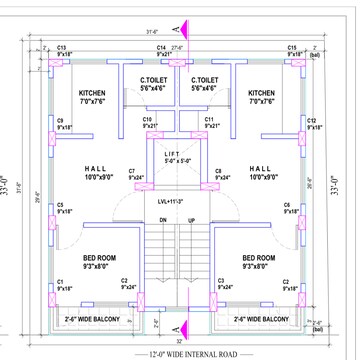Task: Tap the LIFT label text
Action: click(172, 152)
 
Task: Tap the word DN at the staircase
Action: click(163, 220)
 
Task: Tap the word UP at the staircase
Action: click(192, 220)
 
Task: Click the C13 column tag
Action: click(61, 47)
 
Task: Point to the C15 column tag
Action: click(293, 47)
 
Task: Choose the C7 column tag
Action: click(132, 172)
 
